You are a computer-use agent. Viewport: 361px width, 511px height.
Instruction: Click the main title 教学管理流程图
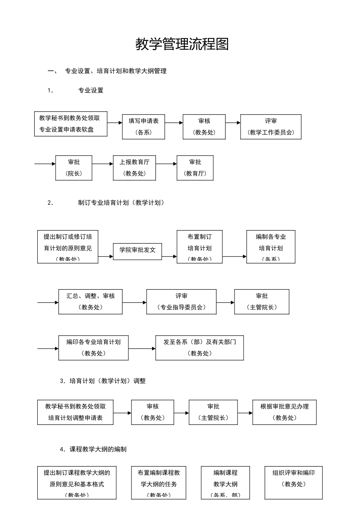[x=182, y=44]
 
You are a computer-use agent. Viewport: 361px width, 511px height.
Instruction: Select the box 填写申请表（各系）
[x=143, y=127]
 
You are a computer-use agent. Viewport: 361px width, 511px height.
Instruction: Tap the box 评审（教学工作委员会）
[x=271, y=127]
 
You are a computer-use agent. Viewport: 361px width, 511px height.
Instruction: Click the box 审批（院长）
[x=74, y=168]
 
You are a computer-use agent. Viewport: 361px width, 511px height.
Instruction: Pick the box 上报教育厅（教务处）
[x=134, y=168]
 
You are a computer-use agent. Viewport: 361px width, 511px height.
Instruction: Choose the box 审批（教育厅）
[x=195, y=168]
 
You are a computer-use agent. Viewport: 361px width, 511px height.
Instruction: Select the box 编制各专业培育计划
[x=271, y=247]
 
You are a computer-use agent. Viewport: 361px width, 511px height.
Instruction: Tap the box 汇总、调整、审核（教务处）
[x=90, y=302]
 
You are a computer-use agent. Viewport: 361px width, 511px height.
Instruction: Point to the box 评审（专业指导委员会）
[x=181, y=302]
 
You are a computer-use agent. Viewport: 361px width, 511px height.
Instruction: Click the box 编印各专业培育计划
[x=93, y=348]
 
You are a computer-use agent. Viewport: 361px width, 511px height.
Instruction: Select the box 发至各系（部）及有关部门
[x=199, y=348]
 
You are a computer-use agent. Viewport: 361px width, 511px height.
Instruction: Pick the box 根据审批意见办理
[x=284, y=412]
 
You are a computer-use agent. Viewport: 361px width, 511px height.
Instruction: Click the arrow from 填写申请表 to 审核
[x=174, y=123]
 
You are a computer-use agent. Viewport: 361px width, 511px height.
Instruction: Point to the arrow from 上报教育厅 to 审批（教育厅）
[x=166, y=164]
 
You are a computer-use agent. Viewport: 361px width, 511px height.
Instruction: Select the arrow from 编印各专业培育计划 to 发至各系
[x=142, y=348]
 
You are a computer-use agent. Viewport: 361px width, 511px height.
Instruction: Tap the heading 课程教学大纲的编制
[x=98, y=449]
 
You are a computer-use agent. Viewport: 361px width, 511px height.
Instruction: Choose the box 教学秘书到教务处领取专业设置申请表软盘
[x=71, y=124]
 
